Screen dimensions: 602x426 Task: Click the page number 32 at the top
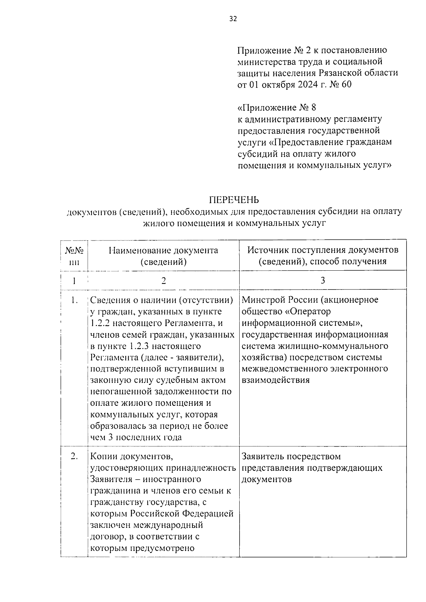tap(233, 19)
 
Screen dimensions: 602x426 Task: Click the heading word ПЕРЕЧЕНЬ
tap(234, 200)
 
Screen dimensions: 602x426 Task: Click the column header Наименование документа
tap(163, 250)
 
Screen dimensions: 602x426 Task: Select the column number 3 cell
tap(323, 280)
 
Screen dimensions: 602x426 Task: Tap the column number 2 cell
tap(163, 281)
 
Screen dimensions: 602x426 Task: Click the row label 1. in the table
tap(74, 300)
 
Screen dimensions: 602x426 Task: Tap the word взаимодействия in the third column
tap(275, 380)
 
